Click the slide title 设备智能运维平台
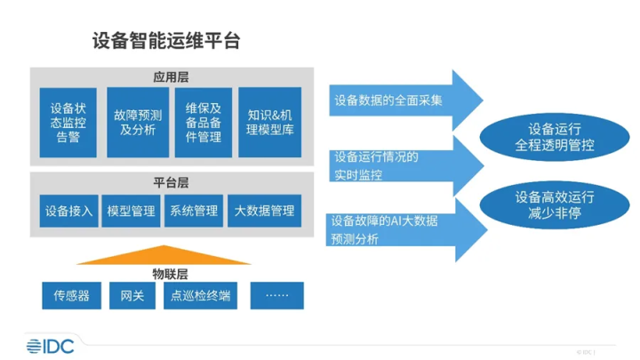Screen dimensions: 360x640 pyautogui.click(x=166, y=41)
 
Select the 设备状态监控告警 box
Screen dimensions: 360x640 pyautogui.click(x=68, y=123)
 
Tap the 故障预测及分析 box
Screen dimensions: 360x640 pyautogui.click(x=137, y=123)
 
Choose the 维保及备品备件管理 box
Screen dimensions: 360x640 pyautogui.click(x=204, y=123)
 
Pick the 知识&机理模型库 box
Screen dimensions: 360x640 pyautogui.click(x=269, y=123)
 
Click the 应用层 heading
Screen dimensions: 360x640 pyautogui.click(x=170, y=76)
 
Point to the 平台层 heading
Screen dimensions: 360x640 pyautogui.click(x=170, y=183)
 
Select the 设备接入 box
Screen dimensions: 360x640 pyautogui.click(x=68, y=211)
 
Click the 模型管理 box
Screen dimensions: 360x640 pyautogui.click(x=131, y=211)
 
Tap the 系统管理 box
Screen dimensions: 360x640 pyautogui.click(x=194, y=211)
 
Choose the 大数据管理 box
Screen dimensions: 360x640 pyautogui.click(x=264, y=211)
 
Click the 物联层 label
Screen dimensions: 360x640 pyautogui.click(x=170, y=272)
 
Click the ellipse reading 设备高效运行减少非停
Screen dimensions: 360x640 pyautogui.click(x=556, y=207)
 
